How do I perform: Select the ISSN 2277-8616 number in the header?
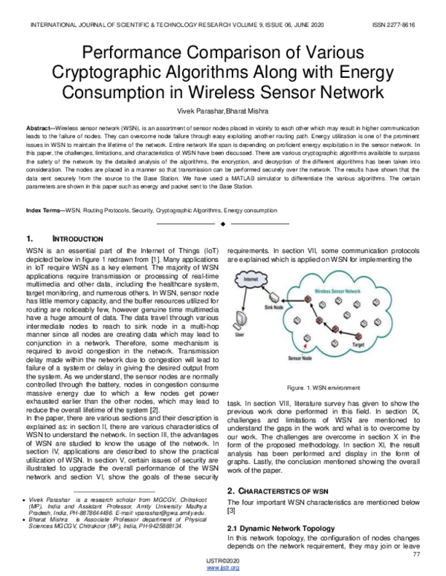click(x=394, y=24)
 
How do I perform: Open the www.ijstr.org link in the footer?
click(x=222, y=568)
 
